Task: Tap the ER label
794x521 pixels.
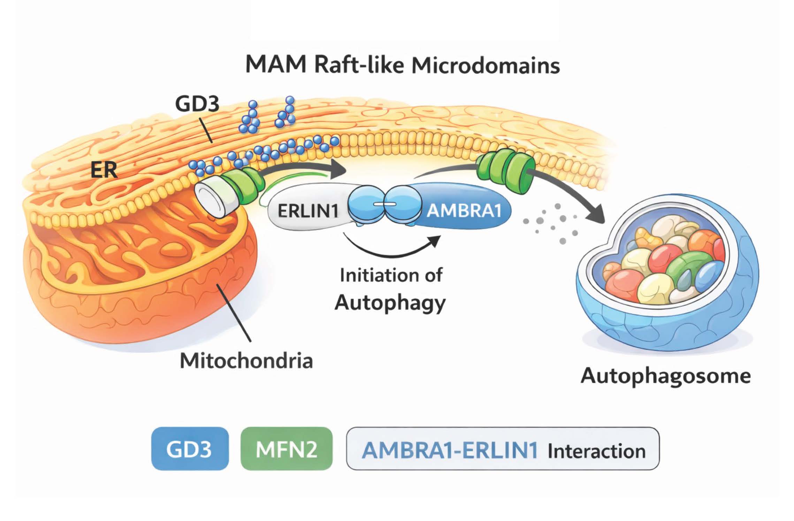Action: [x=104, y=171]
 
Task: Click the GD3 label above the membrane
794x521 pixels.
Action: [x=197, y=104]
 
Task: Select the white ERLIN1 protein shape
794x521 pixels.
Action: [x=308, y=210]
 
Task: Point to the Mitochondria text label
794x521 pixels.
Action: [x=246, y=361]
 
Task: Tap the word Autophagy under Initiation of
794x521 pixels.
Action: [x=390, y=302]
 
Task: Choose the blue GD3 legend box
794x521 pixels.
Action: [x=190, y=449]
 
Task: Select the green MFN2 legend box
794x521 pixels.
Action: [x=287, y=449]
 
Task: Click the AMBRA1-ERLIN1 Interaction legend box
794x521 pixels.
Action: [x=503, y=449]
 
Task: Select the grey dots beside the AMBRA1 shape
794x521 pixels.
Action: [x=551, y=222]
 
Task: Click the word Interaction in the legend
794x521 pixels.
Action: [x=596, y=451]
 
